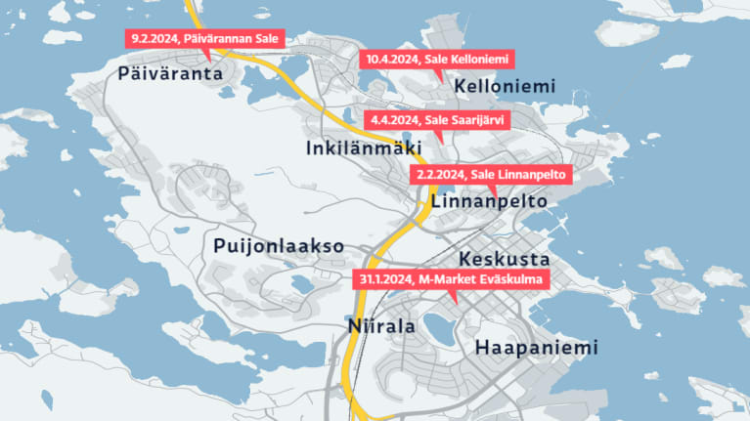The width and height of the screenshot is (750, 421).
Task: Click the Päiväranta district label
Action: [x=170, y=73]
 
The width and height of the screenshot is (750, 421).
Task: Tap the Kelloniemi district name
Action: [x=505, y=86]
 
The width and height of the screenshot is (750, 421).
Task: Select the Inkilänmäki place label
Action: [x=357, y=148]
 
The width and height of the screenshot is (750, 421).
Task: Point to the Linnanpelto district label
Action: [x=487, y=200]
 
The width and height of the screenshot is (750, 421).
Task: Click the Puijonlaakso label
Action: [x=279, y=246]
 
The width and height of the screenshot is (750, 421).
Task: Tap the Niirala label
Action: [x=381, y=326]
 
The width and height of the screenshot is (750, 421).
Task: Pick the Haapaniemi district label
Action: [x=535, y=348]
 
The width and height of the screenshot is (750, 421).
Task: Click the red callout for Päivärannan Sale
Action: [x=205, y=39]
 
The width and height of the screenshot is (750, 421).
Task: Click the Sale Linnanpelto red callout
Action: [x=490, y=174]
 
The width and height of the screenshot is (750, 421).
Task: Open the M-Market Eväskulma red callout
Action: [x=450, y=279]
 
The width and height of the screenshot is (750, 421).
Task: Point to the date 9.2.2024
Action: [x=154, y=39]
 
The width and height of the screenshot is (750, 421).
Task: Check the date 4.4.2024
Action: [x=392, y=120]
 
